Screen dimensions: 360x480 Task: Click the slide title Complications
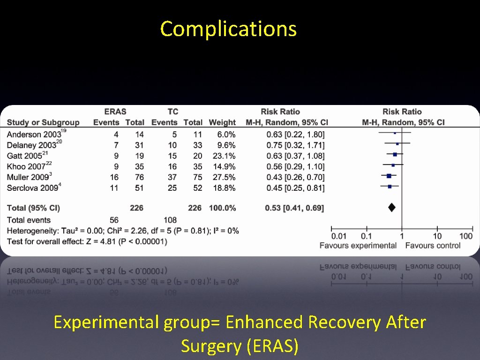(x=228, y=29)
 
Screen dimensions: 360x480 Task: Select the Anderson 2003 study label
(x=34, y=135)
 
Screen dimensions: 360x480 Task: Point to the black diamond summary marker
(x=392, y=208)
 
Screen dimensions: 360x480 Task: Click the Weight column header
(x=222, y=123)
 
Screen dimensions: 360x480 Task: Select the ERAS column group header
(x=115, y=112)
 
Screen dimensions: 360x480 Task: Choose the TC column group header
(x=172, y=112)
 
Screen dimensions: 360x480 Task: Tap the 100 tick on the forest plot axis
(x=466, y=236)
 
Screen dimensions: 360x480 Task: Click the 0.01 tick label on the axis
(x=339, y=236)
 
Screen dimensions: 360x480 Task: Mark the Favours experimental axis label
(x=358, y=246)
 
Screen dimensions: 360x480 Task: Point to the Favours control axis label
(x=433, y=246)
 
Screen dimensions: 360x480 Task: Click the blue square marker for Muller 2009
(x=389, y=176)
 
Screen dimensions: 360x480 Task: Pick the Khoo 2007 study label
(x=26, y=167)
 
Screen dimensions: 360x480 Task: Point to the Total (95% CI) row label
(x=33, y=208)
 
